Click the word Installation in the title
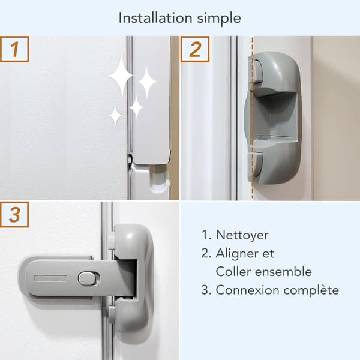[x=155, y=18]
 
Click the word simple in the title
[x=219, y=19]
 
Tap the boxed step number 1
[x=14, y=49]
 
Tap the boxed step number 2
[x=195, y=49]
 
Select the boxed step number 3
[x=14, y=215]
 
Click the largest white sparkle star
[x=121, y=76]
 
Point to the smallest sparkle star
[x=115, y=115]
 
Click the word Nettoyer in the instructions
[x=242, y=235]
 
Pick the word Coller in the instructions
[x=233, y=271]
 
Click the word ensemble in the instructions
[x=284, y=271]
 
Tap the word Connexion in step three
[x=247, y=290]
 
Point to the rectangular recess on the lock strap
[x=50, y=278]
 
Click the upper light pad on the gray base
[x=257, y=71]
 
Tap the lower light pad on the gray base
[x=258, y=164]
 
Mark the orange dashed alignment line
[x=253, y=118]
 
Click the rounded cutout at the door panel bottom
[x=158, y=179]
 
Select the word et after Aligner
[x=268, y=254]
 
